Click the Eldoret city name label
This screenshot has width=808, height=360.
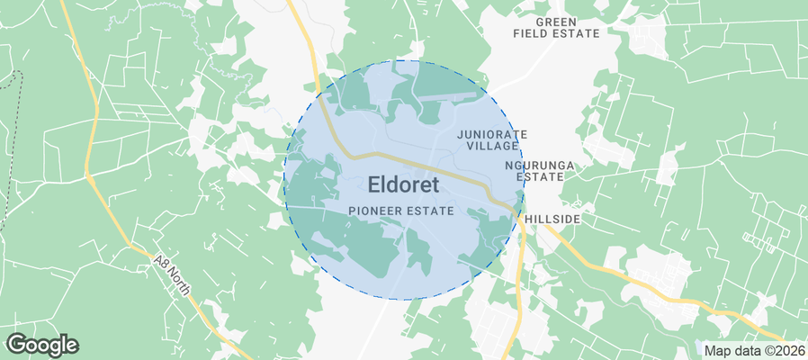pyautogui.click(x=403, y=185)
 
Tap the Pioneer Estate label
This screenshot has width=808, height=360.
pyautogui.click(x=400, y=210)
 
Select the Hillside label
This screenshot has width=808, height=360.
pyautogui.click(x=552, y=219)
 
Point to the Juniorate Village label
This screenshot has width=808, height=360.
pyautogui.click(x=492, y=139)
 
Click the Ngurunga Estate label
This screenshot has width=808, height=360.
pyautogui.click(x=540, y=171)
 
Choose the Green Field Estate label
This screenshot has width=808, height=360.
pyautogui.click(x=556, y=27)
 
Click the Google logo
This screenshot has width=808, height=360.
pyautogui.click(x=42, y=344)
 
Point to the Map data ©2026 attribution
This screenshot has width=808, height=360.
pyautogui.click(x=754, y=350)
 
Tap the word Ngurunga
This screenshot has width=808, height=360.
pyautogui.click(x=540, y=166)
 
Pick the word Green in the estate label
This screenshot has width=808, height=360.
pyautogui.click(x=556, y=21)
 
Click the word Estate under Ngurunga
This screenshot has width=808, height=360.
pyautogui.click(x=540, y=177)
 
